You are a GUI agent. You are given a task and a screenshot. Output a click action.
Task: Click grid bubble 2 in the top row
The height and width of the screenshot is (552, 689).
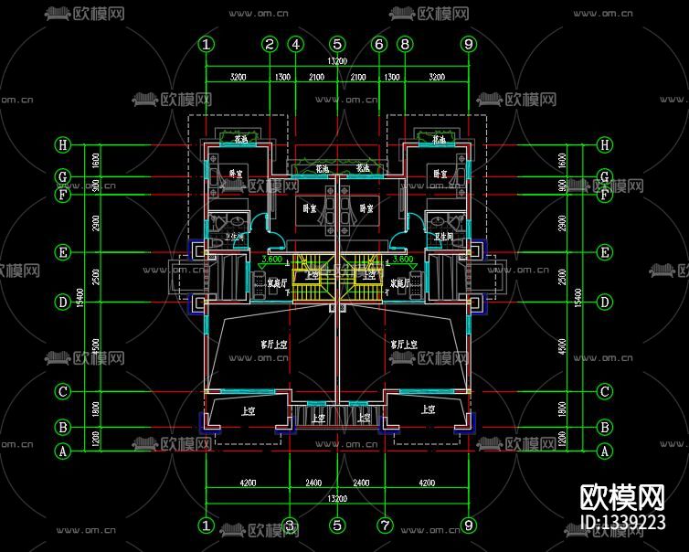pos(270,44)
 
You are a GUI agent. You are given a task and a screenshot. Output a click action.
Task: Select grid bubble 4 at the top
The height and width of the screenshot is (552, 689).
pos(295,44)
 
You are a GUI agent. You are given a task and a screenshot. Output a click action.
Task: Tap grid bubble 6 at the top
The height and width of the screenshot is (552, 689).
pos(380,44)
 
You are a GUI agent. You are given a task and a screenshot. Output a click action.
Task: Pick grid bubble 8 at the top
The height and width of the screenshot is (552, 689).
pos(406,44)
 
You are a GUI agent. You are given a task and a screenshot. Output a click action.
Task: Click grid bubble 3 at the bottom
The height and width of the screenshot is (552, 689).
pos(289,525)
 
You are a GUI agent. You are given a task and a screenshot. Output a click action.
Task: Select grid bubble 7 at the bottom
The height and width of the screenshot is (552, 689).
pos(385,525)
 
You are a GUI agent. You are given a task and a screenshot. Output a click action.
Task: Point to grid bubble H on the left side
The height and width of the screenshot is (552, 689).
pos(63,144)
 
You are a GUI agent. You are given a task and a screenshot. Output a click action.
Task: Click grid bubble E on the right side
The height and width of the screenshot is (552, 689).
pos(604,252)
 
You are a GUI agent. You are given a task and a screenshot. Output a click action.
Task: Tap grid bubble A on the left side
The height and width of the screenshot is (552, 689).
pos(63,451)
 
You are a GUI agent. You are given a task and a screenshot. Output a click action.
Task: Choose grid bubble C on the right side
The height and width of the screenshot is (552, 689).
pos(604,392)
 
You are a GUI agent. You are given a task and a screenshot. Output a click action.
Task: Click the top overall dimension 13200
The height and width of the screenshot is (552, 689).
pos(337,61)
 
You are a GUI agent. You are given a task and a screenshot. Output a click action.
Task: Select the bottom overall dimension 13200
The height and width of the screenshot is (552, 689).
pos(337,498)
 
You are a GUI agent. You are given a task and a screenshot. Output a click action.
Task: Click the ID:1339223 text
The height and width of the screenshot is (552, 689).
pos(622,522)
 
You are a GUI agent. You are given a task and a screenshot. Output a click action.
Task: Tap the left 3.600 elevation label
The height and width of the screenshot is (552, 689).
pos(271,259)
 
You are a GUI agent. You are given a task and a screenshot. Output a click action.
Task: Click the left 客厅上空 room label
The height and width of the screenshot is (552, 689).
pos(271,345)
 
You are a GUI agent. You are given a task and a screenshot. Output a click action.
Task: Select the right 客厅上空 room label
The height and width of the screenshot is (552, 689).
pos(404,345)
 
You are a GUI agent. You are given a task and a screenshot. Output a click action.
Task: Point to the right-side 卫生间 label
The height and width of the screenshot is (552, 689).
pos(444,236)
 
